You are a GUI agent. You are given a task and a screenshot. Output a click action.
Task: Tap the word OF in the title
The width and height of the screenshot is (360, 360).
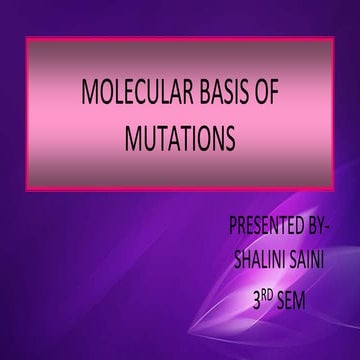264,97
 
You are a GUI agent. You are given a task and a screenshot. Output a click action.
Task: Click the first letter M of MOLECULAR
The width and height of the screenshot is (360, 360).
89,97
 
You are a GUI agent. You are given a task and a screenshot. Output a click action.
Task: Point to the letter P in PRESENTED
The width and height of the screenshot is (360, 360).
233,223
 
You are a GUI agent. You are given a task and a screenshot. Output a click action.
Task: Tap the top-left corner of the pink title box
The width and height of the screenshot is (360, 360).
26,39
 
